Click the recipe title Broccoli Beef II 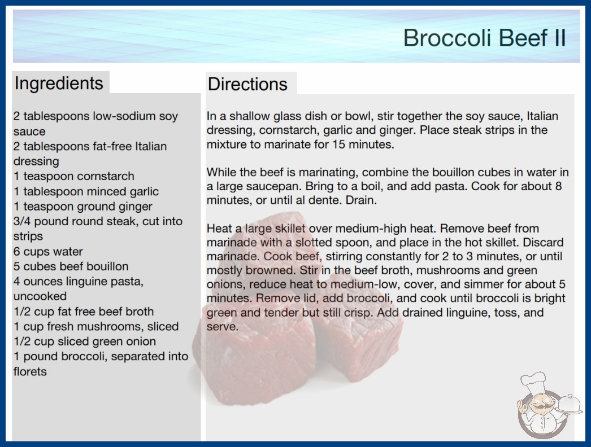485,38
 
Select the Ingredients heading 59,83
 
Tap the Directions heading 247,84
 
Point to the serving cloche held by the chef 569,405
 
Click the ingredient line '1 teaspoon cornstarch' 74,176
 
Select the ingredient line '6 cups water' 48,252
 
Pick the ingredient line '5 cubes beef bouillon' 71,266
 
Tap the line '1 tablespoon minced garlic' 86,191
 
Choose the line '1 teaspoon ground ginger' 83,207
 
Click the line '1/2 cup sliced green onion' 85,341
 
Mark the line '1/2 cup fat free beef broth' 84,312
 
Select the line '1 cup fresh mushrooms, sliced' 96,326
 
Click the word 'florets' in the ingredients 30,372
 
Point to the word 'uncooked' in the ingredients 40,296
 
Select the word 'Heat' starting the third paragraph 219,228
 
